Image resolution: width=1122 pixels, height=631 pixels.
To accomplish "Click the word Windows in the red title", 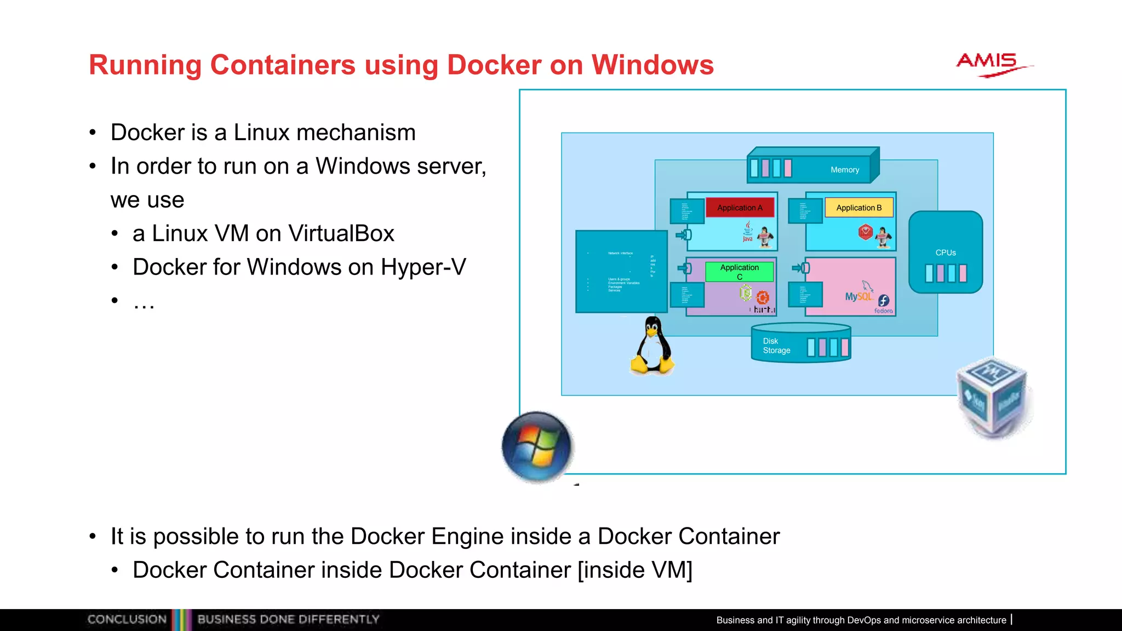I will tap(652, 65).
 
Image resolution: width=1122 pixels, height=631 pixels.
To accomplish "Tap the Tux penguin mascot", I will tap(652, 346).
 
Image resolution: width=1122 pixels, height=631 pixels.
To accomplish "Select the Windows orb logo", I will tap(537, 447).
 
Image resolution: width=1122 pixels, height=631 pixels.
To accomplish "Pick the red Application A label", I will tap(740, 208).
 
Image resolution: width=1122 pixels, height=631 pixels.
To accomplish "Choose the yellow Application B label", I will tap(858, 208).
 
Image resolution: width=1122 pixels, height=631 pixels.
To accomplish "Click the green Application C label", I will tap(740, 271).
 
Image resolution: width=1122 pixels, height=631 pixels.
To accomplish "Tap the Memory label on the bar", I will tap(844, 170).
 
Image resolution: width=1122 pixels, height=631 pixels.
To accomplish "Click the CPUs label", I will tap(946, 253).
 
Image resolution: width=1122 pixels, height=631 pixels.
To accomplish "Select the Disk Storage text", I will tap(776, 346).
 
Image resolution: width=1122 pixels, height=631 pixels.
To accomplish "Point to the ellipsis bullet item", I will tap(144, 301).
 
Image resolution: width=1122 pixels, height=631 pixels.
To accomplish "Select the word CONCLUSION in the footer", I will tap(127, 619).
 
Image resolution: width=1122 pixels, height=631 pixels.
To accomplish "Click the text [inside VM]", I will tap(635, 570).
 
